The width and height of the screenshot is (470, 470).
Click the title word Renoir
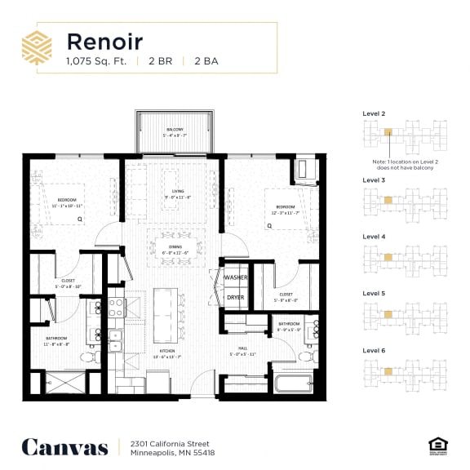click(x=104, y=41)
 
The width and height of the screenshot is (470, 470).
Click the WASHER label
click(x=236, y=277)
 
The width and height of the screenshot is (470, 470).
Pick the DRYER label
click(x=236, y=298)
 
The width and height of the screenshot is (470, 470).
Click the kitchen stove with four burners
click(x=114, y=308)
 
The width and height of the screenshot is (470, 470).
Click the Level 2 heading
click(x=373, y=114)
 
